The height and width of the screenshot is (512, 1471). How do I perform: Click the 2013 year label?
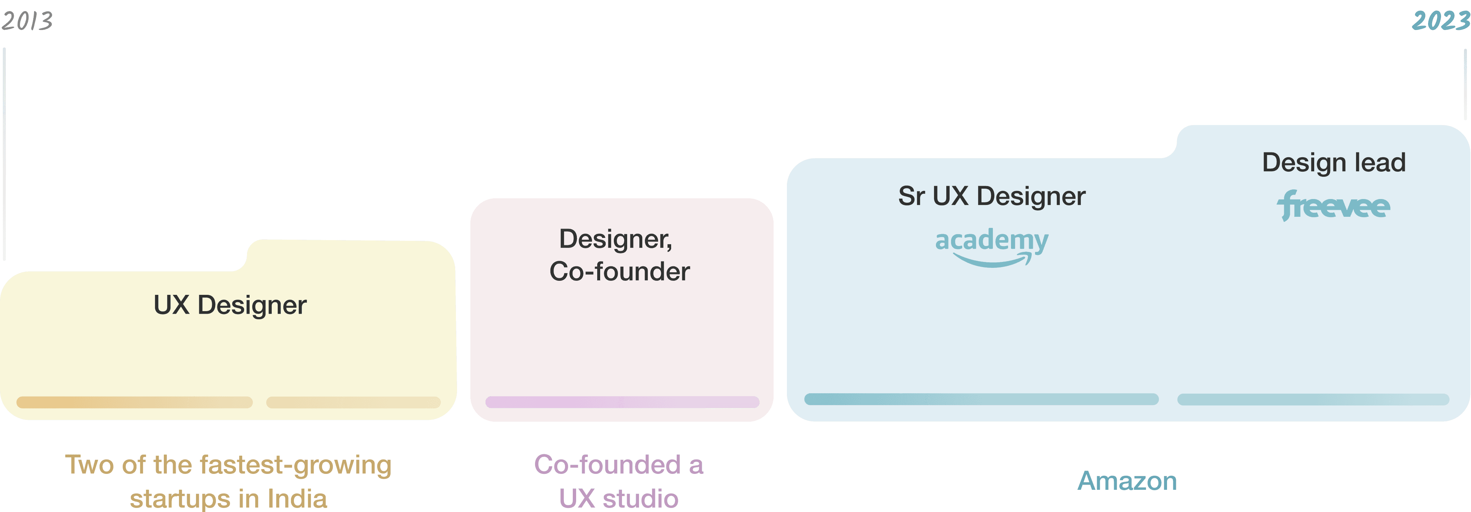tap(27, 21)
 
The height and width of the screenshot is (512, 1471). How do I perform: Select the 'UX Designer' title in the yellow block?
tap(230, 305)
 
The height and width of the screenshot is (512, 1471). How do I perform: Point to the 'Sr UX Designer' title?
tap(991, 196)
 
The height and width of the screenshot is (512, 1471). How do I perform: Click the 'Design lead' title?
tap(1333, 163)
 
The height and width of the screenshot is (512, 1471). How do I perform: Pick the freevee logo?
tap(1333, 206)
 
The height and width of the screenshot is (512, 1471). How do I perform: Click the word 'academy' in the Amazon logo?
tap(991, 240)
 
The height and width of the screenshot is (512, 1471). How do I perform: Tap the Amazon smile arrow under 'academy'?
tap(994, 262)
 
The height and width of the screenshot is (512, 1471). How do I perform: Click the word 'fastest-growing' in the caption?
tap(295, 465)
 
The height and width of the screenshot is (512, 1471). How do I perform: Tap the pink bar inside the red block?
tap(622, 402)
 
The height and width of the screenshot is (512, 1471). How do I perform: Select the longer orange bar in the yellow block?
tap(135, 402)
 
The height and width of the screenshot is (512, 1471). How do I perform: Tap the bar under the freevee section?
tap(1313, 399)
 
